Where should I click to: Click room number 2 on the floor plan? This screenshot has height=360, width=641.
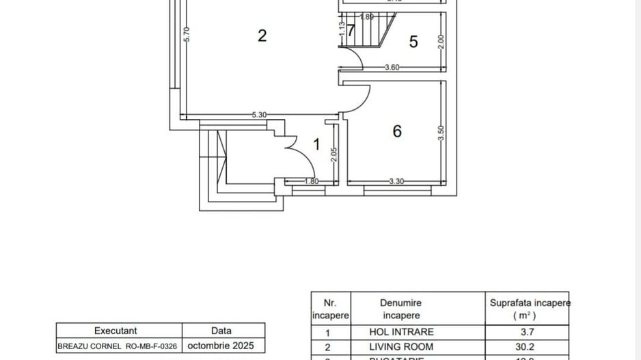pos(262,36)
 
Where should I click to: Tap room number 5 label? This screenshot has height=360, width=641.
pos(413,42)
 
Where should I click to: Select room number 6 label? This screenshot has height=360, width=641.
pos(397,131)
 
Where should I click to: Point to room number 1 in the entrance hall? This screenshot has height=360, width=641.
pos(316,144)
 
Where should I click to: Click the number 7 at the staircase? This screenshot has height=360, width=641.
pos(351,31)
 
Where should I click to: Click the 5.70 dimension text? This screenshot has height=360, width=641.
pos(186,36)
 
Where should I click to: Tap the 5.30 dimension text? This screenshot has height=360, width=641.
pos(258,115)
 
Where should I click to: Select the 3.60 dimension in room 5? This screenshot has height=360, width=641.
pos(392,67)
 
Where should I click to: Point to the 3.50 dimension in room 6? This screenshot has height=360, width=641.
pos(441,132)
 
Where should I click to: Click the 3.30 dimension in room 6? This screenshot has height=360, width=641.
pos(396,181)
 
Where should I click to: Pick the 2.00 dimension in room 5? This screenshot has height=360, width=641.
pos(441,42)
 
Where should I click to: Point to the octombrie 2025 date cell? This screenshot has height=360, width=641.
pos(225,346)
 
